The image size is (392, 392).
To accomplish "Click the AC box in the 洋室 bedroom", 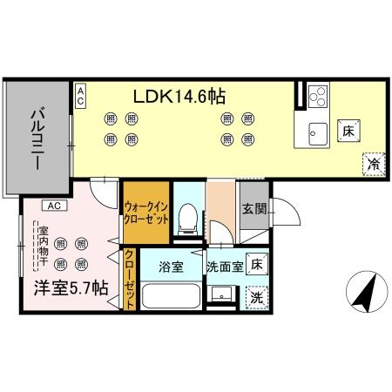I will tap(53, 206).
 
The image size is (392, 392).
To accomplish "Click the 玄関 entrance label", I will tap(254, 209).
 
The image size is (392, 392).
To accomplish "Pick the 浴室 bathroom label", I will tap(171, 267).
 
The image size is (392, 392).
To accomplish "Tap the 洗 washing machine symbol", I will tap(256, 296).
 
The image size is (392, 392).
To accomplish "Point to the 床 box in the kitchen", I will tap(347, 131).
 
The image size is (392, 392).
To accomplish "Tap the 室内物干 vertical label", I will tap(43, 247).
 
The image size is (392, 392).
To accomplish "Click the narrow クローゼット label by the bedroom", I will tap(129, 276).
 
